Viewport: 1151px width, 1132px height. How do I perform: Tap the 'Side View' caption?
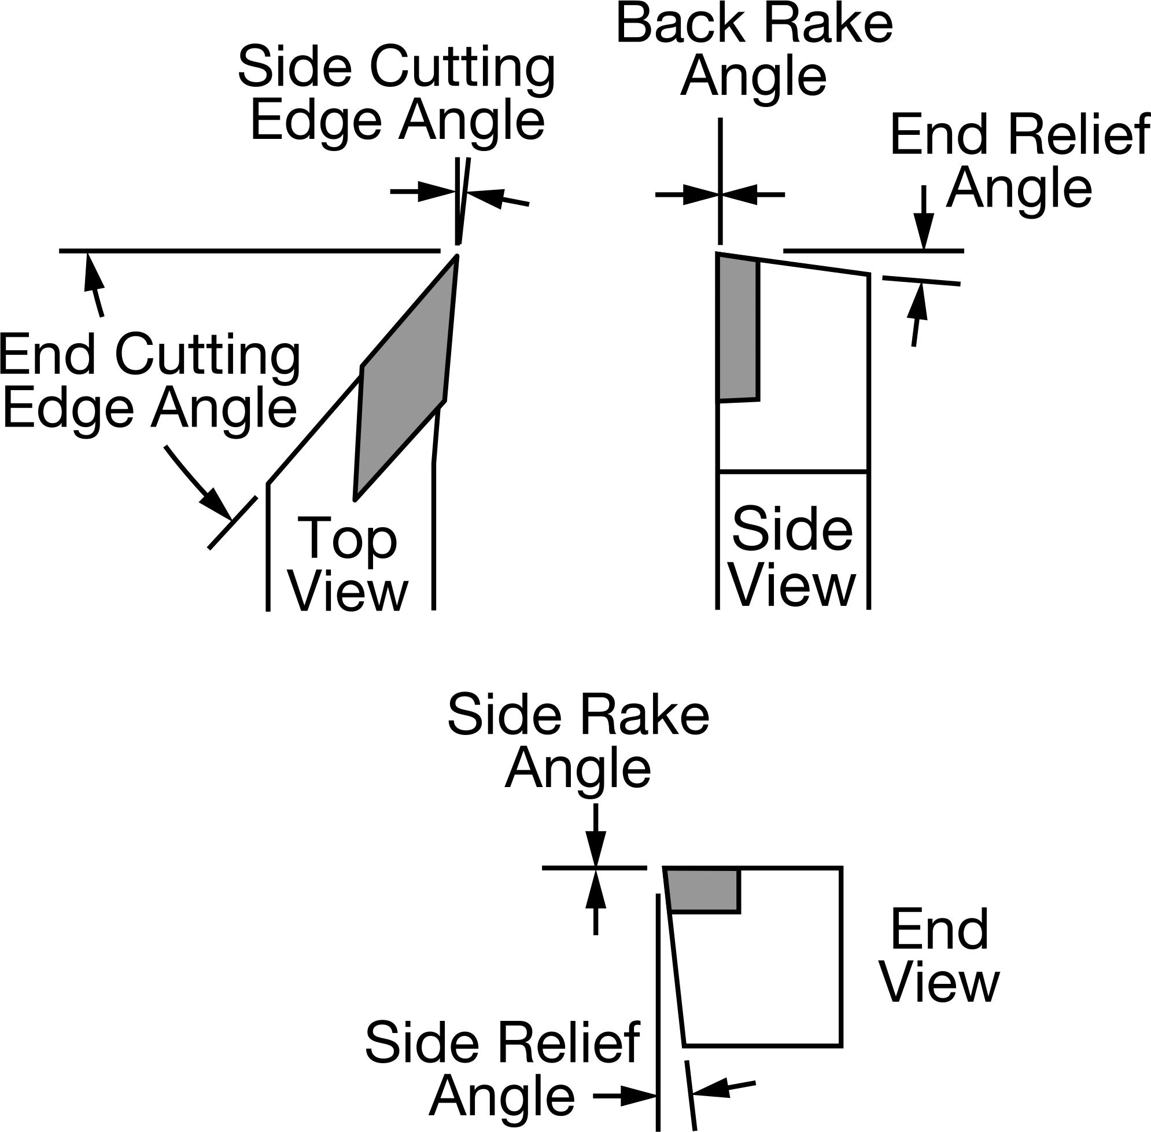(794, 556)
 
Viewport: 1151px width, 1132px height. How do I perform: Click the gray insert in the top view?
(405, 378)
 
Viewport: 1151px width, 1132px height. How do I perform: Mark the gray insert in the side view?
(738, 328)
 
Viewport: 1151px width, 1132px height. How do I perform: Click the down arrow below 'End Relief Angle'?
(924, 218)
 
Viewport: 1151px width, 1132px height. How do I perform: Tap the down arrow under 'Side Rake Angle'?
(595, 835)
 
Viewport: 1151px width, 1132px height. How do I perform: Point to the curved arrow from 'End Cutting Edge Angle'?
(197, 483)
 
